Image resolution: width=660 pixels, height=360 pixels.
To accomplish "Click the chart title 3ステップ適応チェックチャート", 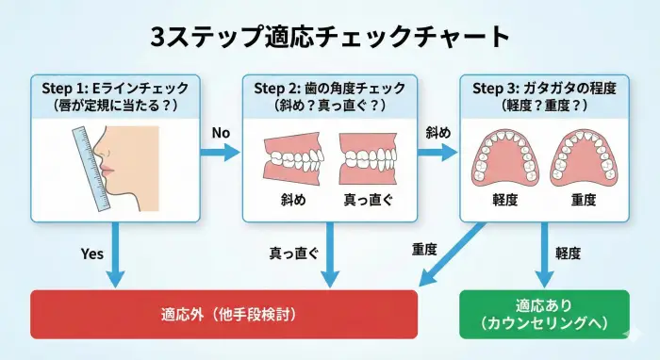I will click(x=330, y=36).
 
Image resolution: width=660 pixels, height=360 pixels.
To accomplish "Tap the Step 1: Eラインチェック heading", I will click(x=115, y=88).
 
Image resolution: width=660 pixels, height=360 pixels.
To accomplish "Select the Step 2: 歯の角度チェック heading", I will click(x=330, y=88).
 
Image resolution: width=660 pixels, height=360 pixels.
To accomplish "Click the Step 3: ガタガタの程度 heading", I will click(x=543, y=88).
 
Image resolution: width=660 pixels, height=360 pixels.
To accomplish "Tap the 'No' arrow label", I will click(x=221, y=133).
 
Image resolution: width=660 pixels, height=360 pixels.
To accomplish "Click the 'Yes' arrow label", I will click(x=91, y=253).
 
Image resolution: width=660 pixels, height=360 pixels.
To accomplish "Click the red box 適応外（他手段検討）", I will click(x=223, y=312).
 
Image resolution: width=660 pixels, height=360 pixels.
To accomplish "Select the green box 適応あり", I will click(x=542, y=314).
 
